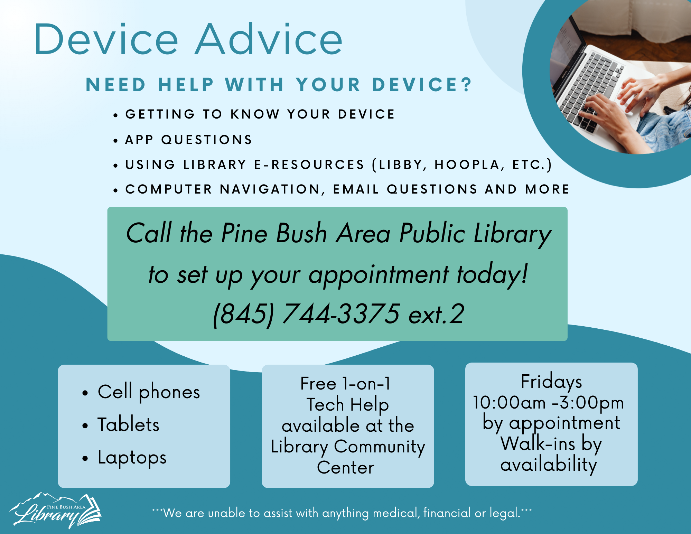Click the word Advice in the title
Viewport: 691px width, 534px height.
pos(269,39)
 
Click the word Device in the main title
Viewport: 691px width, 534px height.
pos(106,39)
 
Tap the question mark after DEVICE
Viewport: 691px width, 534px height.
pos(468,85)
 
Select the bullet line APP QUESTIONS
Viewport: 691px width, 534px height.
pos(189,140)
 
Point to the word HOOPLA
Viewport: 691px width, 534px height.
pos(467,165)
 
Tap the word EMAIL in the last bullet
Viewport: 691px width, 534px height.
pos(356,189)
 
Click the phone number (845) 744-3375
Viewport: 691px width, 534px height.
pos(307,314)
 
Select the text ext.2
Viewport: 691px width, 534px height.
pos(436,314)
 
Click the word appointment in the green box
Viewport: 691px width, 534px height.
pos(379,275)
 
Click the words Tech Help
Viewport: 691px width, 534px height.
pos(348,405)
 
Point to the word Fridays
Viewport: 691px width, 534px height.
pos(551,382)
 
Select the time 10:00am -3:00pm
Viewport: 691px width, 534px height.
pos(548,403)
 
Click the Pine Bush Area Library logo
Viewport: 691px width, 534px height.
pos(55,510)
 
